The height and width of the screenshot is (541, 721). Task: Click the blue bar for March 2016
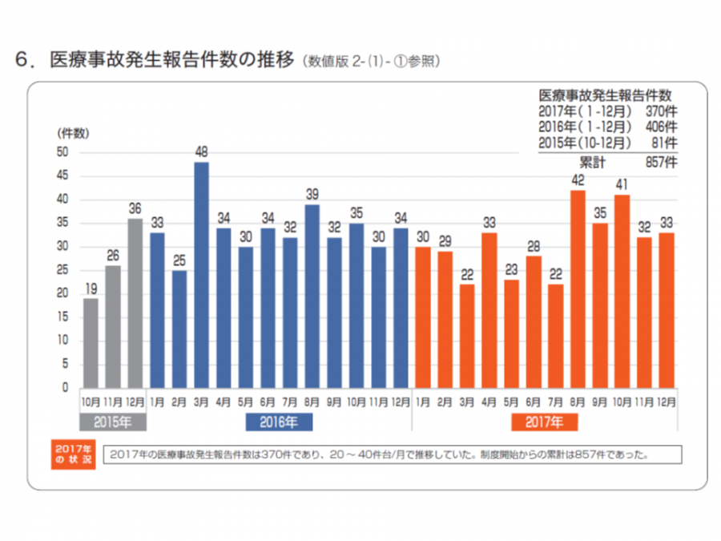(202, 275)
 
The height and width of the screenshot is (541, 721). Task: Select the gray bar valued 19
(91, 343)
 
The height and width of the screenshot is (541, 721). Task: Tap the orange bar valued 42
(577, 289)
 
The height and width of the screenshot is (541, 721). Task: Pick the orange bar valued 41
(621, 291)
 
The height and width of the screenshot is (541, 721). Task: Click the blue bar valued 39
(312, 296)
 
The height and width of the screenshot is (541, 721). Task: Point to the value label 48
(202, 151)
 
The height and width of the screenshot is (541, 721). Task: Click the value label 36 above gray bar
(135, 208)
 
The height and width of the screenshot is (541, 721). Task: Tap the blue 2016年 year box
(280, 420)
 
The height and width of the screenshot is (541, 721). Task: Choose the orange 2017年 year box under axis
(545, 420)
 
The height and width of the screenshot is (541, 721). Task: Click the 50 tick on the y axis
(62, 152)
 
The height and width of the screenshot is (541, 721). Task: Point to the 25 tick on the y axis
(62, 270)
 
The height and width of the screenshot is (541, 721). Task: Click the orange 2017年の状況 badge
(72, 454)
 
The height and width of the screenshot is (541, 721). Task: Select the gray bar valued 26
(113, 326)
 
